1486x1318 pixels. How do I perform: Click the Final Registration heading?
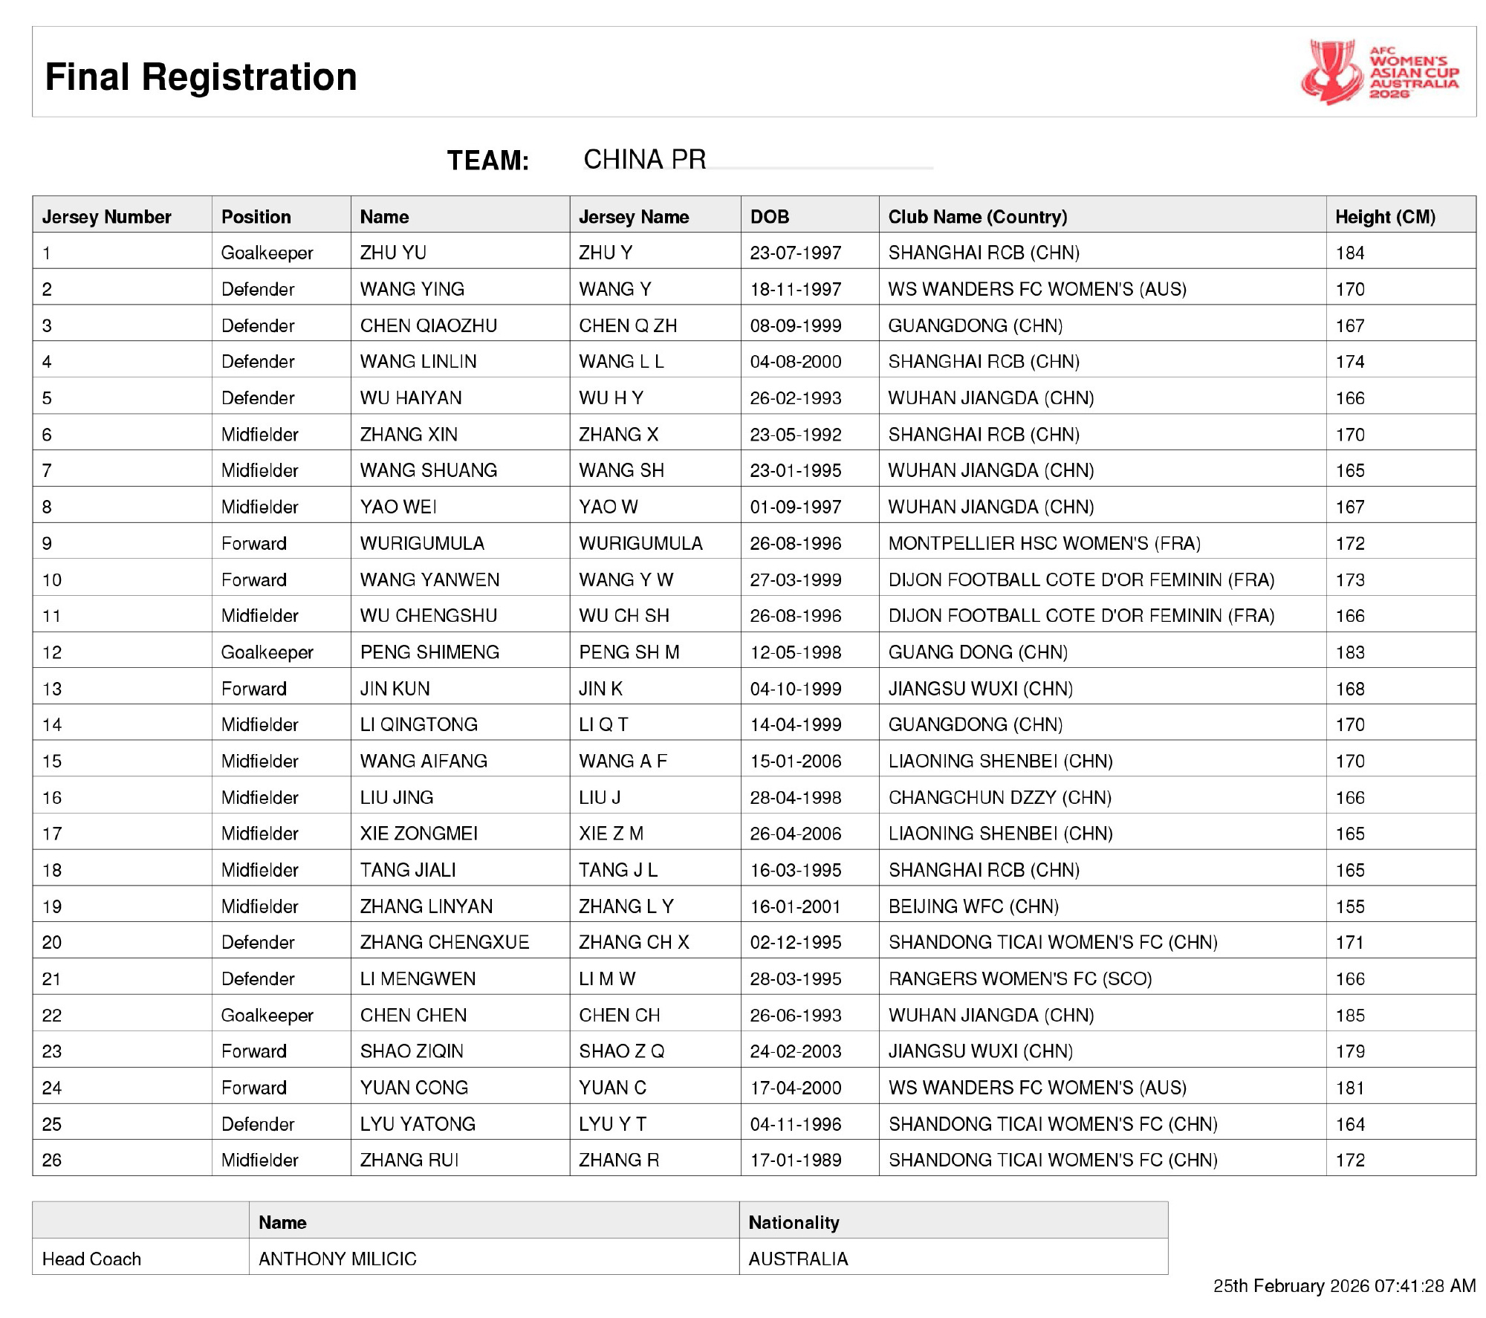pos(201,77)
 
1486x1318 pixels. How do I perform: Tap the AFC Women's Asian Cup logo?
pos(1379,72)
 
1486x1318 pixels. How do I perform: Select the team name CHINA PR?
pos(644,160)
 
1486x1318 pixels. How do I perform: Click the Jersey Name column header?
pos(634,217)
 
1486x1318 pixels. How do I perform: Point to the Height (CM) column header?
pos(1385,217)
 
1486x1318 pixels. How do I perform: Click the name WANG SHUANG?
pos(429,470)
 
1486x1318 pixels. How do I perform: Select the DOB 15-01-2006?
pos(796,761)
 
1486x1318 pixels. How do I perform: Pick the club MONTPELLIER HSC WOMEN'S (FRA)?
pos(1044,543)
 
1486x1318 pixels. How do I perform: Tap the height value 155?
pos(1350,906)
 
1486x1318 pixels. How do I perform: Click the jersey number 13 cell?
pos(52,689)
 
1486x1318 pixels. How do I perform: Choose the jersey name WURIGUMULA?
pos(640,543)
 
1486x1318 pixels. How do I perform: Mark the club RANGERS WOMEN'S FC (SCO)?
pos(1020,978)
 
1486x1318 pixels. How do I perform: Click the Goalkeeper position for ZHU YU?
pos(267,253)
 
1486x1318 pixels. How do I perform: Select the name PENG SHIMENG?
pos(429,652)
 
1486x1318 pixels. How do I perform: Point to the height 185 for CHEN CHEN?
pos(1350,1015)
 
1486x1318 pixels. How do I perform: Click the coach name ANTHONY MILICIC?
pos(337,1259)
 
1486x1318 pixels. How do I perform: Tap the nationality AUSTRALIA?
pos(798,1259)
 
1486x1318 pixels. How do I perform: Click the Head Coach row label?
pos(91,1259)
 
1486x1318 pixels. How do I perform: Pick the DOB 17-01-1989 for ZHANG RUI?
pos(796,1160)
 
